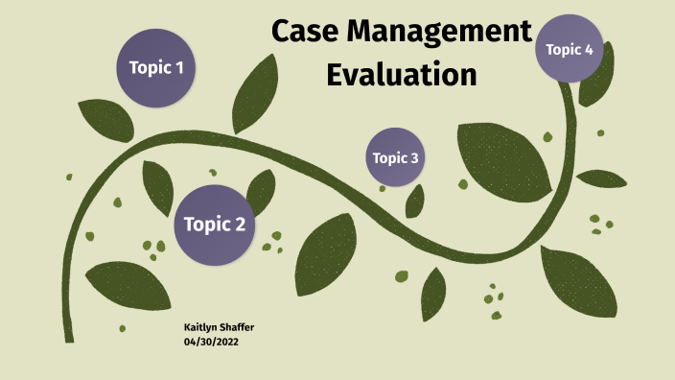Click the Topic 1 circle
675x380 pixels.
click(156, 67)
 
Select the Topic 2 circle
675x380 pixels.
click(214, 225)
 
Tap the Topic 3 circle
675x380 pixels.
click(395, 157)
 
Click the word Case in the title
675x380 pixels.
click(306, 32)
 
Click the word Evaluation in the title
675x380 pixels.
click(402, 74)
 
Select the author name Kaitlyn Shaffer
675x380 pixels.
click(219, 328)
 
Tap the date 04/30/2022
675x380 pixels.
click(211, 341)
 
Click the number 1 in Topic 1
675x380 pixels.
click(179, 68)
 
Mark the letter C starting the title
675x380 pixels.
click(282, 32)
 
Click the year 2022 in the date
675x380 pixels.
click(227, 341)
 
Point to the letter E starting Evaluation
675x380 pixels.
click(336, 74)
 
